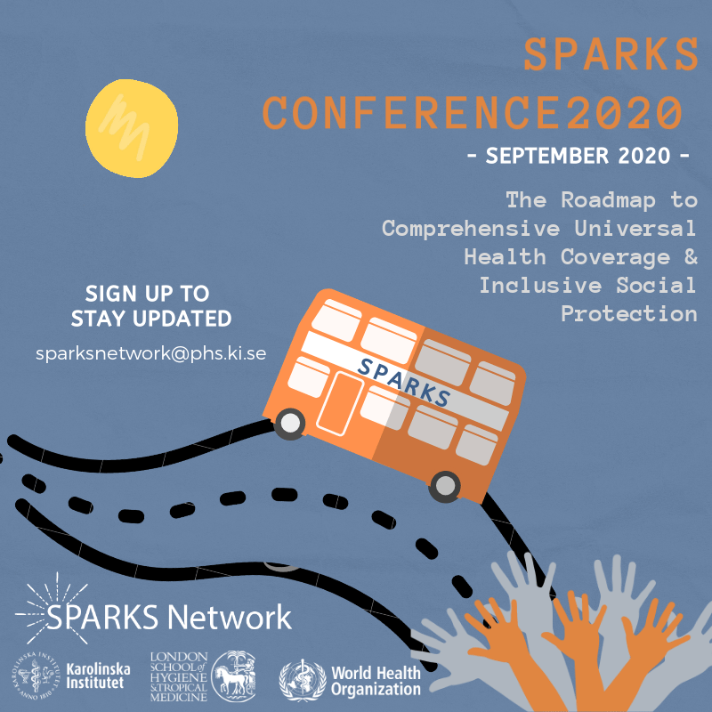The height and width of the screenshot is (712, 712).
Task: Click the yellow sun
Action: coord(132,128)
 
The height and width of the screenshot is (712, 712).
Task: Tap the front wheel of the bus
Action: coord(290,424)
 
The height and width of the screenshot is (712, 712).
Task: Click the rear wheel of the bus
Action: coord(444,486)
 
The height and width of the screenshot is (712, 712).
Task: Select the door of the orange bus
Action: coord(339,404)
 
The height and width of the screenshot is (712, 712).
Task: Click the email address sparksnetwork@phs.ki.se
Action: coord(150,353)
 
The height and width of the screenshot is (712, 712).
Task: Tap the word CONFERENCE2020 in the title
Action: coord(473,113)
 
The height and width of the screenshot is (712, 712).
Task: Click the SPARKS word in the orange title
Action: coord(611,54)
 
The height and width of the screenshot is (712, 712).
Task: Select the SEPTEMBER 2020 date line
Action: coord(578,156)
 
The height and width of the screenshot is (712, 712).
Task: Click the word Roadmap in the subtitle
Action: coord(608,199)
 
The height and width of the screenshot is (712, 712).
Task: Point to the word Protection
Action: coord(629,314)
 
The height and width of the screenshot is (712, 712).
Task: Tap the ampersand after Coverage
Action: coord(691,256)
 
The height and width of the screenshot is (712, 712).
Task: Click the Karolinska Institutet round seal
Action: coord(36,675)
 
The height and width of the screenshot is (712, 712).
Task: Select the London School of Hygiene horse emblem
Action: coord(233,676)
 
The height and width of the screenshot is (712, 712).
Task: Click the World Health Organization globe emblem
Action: coord(303,680)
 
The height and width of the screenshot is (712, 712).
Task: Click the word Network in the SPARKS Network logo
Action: coord(229,617)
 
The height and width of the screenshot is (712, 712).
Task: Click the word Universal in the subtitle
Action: coord(635,228)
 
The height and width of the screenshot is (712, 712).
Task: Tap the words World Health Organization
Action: coord(376,681)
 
